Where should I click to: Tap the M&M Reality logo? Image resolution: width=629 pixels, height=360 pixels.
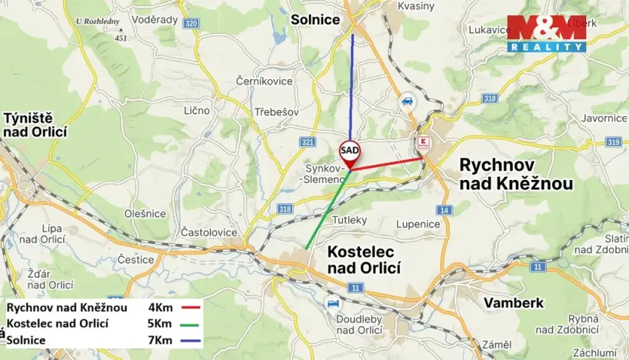(x=546, y=34)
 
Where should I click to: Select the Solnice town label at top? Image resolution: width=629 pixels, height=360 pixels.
(x=314, y=19)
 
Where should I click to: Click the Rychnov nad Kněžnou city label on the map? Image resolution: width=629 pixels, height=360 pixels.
(x=515, y=174)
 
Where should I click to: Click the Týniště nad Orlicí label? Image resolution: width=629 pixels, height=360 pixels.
(x=35, y=125)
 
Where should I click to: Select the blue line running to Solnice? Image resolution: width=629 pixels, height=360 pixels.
(x=352, y=85)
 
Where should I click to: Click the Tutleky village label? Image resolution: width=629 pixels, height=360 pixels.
(x=350, y=220)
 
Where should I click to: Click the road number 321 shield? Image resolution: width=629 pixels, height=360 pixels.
(x=308, y=142)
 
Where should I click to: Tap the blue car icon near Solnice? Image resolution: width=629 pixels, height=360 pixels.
(x=406, y=101)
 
